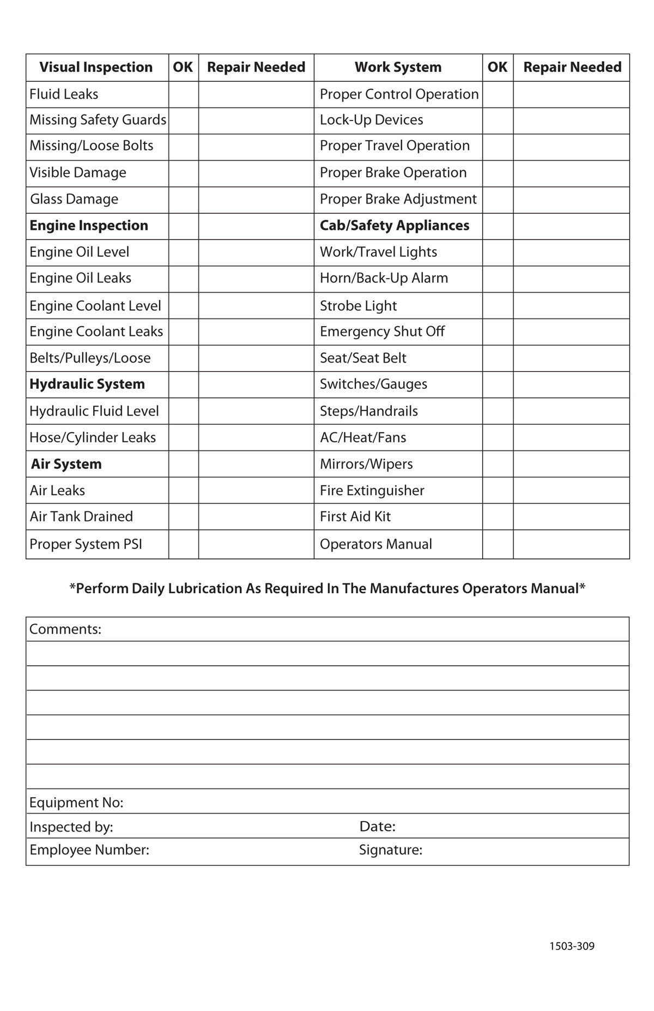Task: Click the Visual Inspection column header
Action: tap(96, 67)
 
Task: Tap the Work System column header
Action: tap(398, 67)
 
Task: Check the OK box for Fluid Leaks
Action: tap(183, 94)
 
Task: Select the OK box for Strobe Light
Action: tap(497, 305)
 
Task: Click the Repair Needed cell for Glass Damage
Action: tap(256, 199)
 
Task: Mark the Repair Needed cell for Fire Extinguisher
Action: tap(571, 490)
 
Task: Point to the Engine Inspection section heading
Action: tap(89, 226)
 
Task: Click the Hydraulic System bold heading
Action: tap(87, 384)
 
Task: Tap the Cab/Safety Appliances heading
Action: tap(394, 226)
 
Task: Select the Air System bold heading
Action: tap(66, 464)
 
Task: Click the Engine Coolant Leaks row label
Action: tap(96, 332)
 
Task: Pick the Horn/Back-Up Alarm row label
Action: tap(384, 278)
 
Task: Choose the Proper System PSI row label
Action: tap(86, 544)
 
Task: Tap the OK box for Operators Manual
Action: tap(497, 544)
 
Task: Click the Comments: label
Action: tap(65, 629)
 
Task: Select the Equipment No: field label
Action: tap(76, 803)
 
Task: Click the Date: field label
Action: tap(377, 827)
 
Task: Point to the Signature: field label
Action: tap(390, 850)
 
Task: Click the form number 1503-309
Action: tap(572, 947)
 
